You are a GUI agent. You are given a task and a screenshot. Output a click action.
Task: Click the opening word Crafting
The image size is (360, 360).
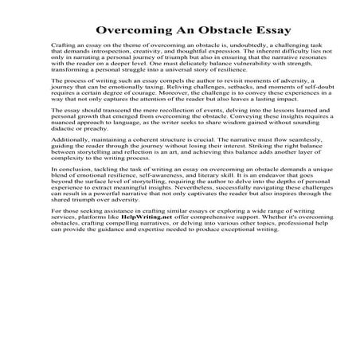[x=63, y=49]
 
